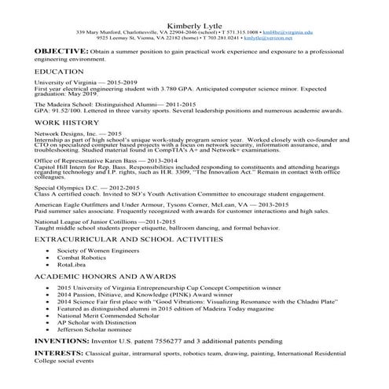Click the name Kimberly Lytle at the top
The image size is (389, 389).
click(194, 23)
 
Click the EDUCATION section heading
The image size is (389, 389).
click(59, 72)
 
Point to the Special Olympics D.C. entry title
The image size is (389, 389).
click(64, 188)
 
